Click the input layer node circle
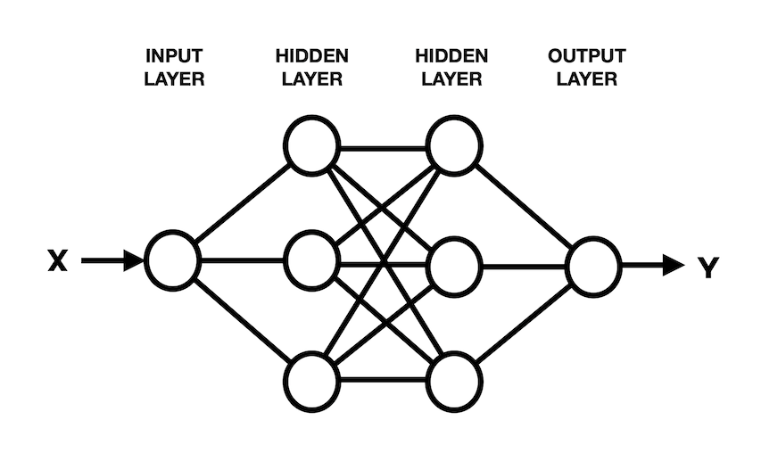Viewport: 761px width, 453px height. pos(173,260)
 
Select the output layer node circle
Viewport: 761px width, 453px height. pos(593,265)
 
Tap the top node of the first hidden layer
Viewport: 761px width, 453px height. pos(312,143)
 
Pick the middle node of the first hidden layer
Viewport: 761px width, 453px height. pos(312,260)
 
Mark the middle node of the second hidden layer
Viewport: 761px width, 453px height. pos(454,265)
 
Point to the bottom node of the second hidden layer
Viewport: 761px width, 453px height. pos(454,382)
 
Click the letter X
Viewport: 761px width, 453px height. pos(56,261)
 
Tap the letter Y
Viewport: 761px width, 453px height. pos(707,266)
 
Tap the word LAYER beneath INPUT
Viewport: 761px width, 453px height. pos(174,79)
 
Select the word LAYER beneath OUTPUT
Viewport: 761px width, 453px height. pos(586,79)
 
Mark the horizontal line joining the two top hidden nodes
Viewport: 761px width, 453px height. pos(384,143)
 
